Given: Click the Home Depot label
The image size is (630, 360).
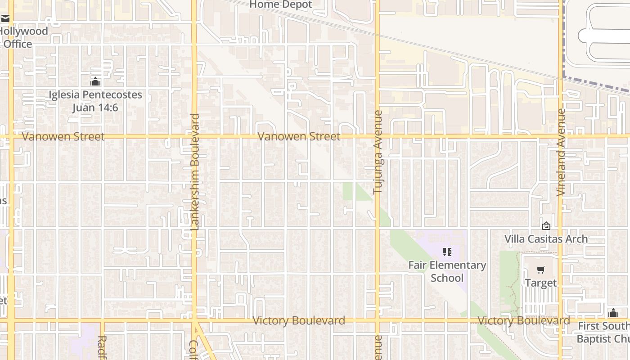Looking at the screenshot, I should pos(280,5).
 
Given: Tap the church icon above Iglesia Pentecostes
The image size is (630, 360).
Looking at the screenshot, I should pos(95,82).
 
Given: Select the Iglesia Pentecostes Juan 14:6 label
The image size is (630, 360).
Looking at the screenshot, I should pos(95,101).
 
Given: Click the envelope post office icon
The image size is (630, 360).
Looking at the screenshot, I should pos(5,19).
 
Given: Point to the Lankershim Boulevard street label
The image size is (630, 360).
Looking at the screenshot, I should pos(195,172).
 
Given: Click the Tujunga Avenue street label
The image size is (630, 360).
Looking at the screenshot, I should pos(378,152).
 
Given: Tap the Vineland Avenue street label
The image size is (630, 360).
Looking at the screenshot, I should pos(561,152).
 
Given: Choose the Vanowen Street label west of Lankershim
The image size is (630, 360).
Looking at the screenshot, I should pos(63,137).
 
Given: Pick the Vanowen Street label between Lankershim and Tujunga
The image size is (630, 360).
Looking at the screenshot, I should pos(299,136).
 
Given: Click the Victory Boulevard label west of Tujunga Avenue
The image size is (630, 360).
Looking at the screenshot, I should pos(299,321).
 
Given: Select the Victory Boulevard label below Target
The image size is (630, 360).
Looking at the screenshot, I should pos(523,321).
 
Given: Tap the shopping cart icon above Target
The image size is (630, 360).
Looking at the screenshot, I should pos(540,270).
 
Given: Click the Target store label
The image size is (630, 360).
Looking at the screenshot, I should pos(540,283).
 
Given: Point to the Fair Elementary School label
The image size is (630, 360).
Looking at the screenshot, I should pos(447,271).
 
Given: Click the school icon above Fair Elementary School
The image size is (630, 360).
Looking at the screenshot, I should pos(447,252).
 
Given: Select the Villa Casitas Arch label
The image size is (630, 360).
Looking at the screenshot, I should pos(546,239).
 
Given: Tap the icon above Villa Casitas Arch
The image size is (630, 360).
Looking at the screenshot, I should pos(546,226).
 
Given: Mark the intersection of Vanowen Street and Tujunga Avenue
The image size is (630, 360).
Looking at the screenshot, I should pos(377,136).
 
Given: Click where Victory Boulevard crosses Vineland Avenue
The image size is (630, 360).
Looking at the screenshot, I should pos(561,321).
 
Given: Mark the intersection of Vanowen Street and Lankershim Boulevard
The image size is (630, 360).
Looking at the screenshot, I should pos(194,136).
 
